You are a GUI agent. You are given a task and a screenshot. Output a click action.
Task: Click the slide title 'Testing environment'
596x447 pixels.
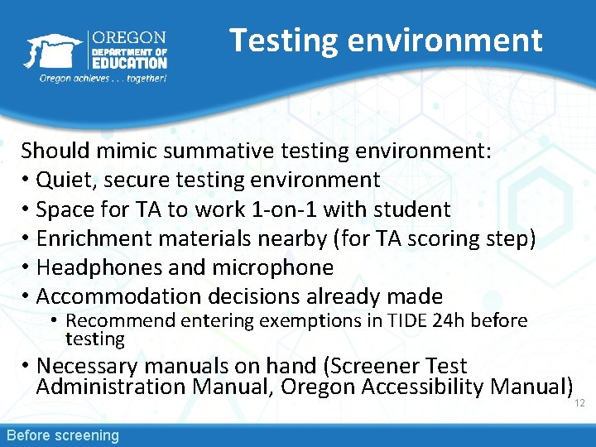(386, 40)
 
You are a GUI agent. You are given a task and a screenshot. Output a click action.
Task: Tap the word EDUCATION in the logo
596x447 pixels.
(129, 62)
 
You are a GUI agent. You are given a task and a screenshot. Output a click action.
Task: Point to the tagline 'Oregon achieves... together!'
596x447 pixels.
(103, 79)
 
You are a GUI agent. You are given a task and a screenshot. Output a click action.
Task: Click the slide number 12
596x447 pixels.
(579, 402)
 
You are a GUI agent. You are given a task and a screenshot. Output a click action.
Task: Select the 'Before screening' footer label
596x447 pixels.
(63, 435)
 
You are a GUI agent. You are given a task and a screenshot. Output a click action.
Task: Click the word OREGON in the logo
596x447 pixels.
(129, 37)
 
